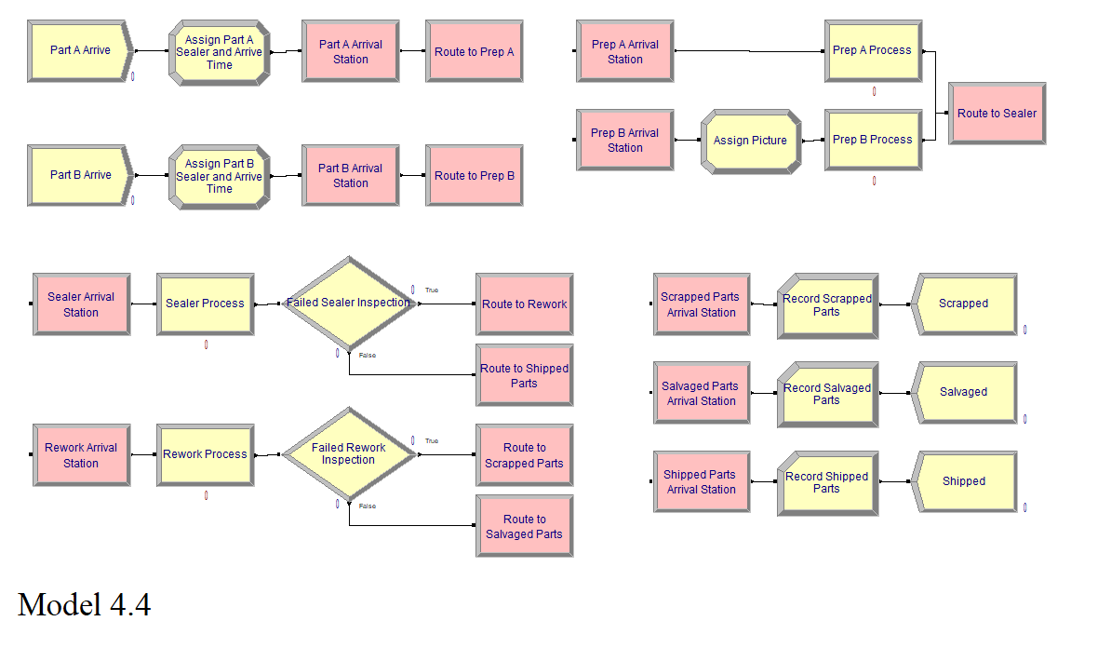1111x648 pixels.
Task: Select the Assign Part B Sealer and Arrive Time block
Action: point(219,176)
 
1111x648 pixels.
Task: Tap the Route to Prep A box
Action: point(474,51)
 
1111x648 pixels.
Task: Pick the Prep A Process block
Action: point(872,50)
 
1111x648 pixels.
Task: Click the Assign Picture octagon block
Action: point(750,141)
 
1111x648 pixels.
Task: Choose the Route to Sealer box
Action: point(997,114)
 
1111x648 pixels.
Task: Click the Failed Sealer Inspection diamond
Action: point(348,303)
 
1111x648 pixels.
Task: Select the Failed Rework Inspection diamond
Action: point(348,453)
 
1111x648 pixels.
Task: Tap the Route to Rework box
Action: point(524,304)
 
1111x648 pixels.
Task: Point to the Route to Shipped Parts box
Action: point(524,375)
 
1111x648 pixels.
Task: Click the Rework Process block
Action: point(205,454)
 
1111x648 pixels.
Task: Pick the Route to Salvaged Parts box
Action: point(524,526)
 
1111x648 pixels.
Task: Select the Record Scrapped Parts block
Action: point(827,305)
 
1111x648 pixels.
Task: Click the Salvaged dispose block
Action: point(964,393)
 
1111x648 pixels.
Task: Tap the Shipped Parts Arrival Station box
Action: point(702,481)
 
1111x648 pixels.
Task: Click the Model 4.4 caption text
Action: point(84,605)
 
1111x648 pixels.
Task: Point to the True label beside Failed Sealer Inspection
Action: point(432,290)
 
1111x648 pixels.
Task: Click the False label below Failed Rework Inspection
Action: point(368,506)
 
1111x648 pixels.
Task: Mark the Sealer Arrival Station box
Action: point(81,304)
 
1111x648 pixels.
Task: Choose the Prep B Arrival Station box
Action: point(625,140)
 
